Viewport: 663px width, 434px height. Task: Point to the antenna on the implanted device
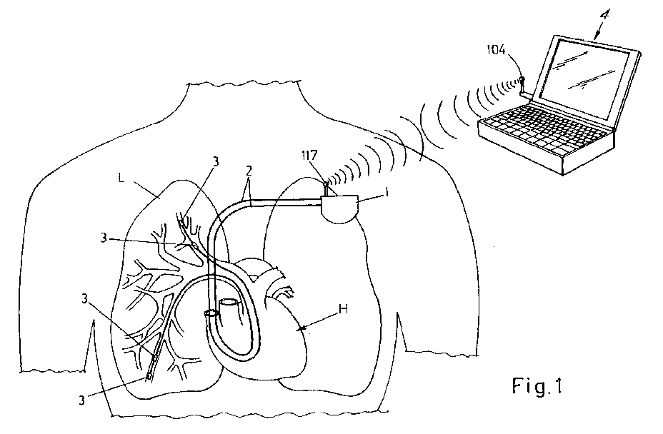point(325,188)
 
